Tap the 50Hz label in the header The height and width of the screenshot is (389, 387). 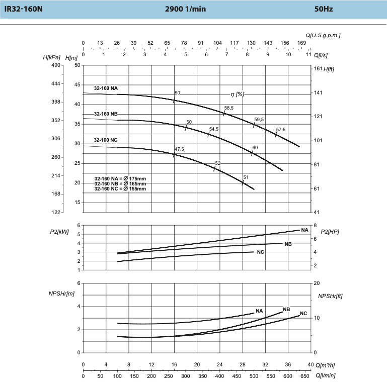323,9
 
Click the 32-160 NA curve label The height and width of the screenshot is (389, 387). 106,88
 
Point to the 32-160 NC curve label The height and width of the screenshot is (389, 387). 106,140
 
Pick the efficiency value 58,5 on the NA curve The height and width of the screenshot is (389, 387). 229,108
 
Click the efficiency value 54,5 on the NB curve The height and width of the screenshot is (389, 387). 214,129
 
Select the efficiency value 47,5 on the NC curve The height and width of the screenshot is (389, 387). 179,149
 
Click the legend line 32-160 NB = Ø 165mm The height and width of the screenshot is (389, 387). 120,184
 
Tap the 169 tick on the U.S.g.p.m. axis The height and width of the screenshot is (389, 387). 301,43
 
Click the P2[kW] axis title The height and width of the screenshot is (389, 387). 59,232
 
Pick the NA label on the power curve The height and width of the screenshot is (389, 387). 304,230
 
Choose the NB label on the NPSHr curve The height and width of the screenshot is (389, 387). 286,309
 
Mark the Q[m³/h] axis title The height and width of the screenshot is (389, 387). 325,365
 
